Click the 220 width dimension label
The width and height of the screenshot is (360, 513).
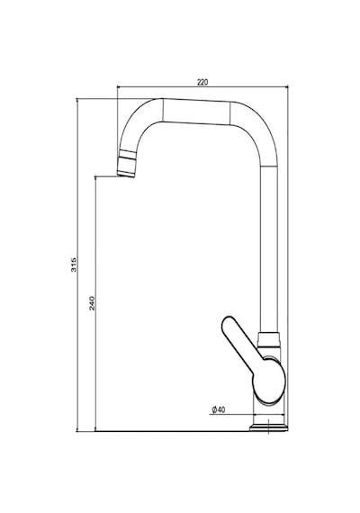point(202,82)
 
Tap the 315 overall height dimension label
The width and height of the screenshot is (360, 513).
point(74,265)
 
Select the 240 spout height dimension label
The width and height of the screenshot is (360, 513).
point(92,303)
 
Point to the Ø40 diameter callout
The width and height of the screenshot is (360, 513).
point(219,409)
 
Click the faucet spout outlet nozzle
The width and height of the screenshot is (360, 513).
point(126,164)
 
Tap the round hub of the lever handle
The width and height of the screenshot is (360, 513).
point(269,382)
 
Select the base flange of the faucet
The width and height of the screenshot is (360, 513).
point(269,427)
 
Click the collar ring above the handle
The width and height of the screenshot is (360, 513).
point(269,340)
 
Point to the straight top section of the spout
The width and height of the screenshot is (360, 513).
point(196,112)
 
